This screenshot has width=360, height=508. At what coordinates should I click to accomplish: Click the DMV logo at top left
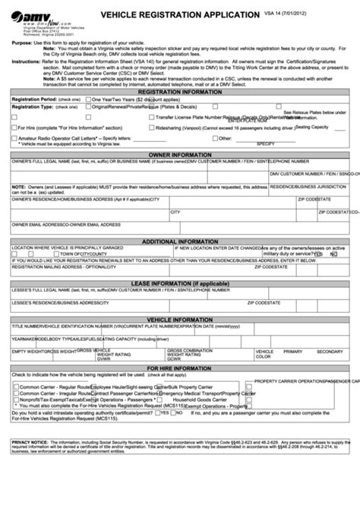click(x=31, y=15)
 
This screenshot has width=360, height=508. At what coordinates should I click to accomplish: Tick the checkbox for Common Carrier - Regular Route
click(x=16, y=386)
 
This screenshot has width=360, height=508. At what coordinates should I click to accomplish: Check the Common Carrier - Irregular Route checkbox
click(x=16, y=393)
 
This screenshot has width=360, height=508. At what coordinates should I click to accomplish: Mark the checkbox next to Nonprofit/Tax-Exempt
click(x=16, y=400)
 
